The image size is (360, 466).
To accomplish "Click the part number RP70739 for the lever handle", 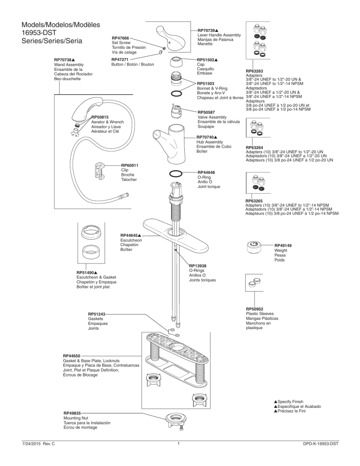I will pyautogui.click(x=207, y=30).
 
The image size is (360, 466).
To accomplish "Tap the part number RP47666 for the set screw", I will pyautogui.click(x=120, y=38).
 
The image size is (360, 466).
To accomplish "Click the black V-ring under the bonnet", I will pyautogui.click(x=176, y=94).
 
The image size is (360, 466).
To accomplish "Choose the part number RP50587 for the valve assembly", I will pyautogui.click(x=206, y=113).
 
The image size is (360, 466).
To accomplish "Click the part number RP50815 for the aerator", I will pyautogui.click(x=100, y=117).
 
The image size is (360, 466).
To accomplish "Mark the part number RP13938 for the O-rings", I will pyautogui.click(x=198, y=265).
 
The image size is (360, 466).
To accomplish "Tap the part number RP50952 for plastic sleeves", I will pyautogui.click(x=256, y=309).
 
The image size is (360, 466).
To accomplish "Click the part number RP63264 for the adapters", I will pyautogui.click(x=256, y=147).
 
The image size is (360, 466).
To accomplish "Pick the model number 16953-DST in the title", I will pyautogui.click(x=35, y=33).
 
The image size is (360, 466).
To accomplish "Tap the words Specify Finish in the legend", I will pyautogui.click(x=294, y=402).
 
